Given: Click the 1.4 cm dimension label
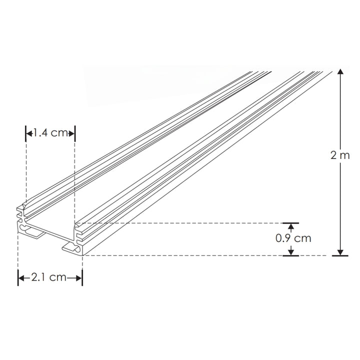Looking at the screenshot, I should [50, 133].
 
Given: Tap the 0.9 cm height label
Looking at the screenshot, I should [293, 238].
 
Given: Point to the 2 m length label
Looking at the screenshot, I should [340, 155].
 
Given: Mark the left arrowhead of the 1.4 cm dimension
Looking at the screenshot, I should [29, 133].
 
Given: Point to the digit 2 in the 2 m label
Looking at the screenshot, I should [334, 155].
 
